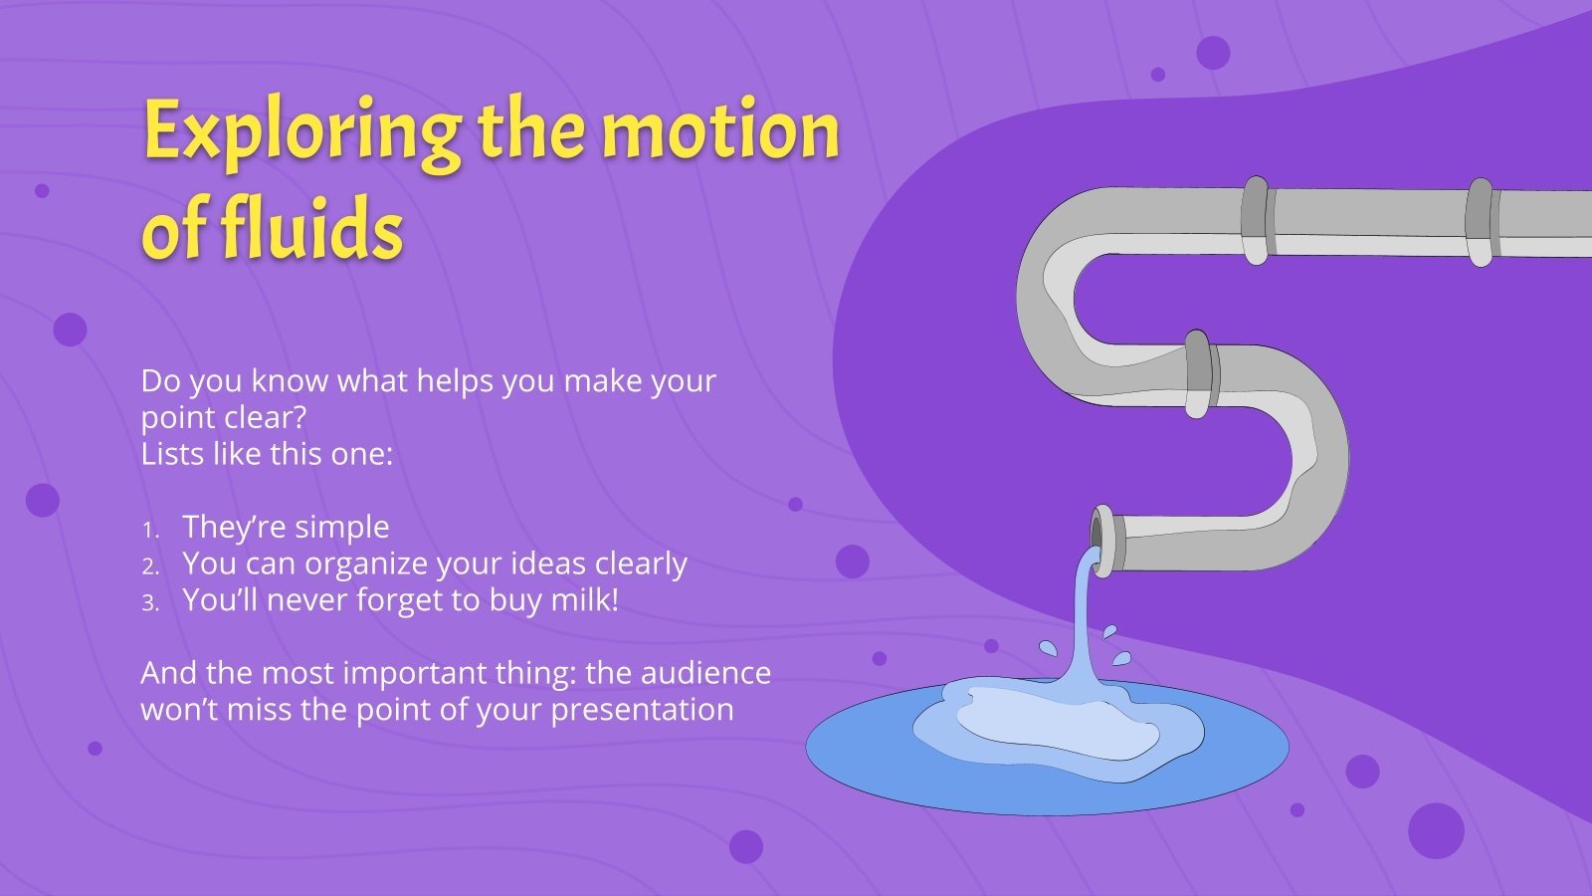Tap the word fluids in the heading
(310, 231)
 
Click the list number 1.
(149, 530)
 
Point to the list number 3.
(149, 603)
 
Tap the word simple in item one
(340, 528)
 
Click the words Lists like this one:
(267, 454)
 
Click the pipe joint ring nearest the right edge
(1480, 222)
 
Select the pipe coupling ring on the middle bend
(1199, 373)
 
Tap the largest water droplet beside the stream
(1048, 649)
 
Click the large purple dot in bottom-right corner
(1436, 830)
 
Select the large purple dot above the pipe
(1213, 52)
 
